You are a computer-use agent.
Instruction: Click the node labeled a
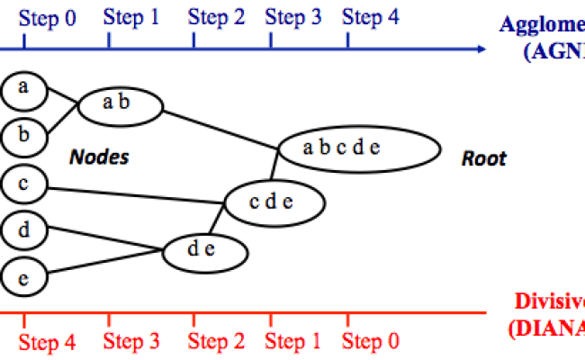(x=24, y=87)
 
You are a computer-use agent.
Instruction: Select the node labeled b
(x=24, y=136)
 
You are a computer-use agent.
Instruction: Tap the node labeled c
(x=24, y=184)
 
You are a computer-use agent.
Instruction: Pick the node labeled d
(x=24, y=230)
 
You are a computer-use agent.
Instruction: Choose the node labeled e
(x=24, y=277)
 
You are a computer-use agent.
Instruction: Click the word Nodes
(x=99, y=158)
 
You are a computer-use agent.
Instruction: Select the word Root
(x=484, y=159)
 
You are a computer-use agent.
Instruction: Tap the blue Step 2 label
(x=216, y=18)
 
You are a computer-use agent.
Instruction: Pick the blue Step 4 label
(x=371, y=18)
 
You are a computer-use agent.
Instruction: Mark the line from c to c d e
(x=135, y=194)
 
